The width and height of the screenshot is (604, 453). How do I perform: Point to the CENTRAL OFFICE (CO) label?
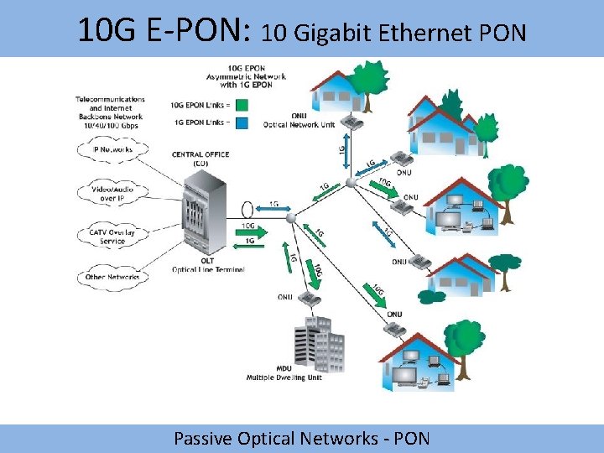click(200, 159)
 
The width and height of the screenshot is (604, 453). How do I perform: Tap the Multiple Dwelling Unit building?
click(319, 344)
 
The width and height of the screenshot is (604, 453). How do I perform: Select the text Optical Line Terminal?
click(208, 270)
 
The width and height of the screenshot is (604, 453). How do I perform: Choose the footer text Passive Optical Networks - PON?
click(301, 438)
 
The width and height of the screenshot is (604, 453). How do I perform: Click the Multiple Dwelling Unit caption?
click(284, 377)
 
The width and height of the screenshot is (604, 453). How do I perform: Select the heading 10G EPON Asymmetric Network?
click(246, 76)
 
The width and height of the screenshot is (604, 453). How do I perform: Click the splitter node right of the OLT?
click(292, 218)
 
